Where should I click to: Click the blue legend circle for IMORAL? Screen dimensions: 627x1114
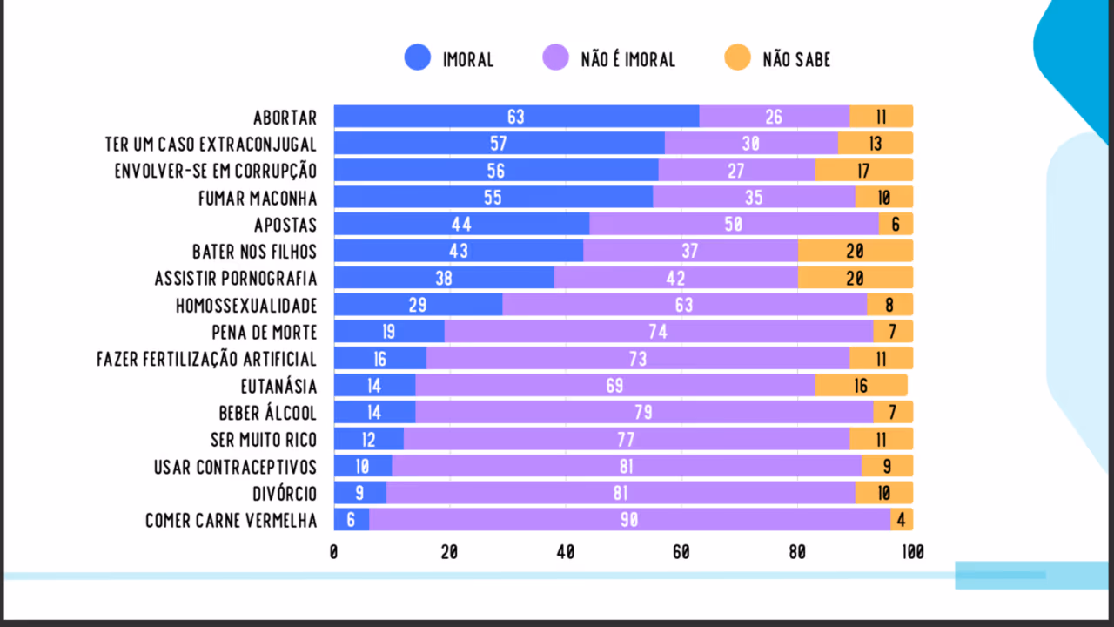[x=418, y=58]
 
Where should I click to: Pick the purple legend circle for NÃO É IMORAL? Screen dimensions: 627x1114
[x=555, y=58]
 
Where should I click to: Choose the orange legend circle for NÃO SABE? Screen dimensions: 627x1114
[x=737, y=58]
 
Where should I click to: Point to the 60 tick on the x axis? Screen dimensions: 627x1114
[x=681, y=552]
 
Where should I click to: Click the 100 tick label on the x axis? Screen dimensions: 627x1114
[x=912, y=552]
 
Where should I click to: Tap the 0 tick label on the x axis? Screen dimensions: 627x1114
[x=334, y=552]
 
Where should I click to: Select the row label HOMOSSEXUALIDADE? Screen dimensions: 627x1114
[x=246, y=306]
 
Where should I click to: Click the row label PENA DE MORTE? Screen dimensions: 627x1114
[x=265, y=333]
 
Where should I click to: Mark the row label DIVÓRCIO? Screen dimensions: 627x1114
[x=285, y=494]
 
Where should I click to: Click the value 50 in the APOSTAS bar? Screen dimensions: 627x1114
[x=733, y=225]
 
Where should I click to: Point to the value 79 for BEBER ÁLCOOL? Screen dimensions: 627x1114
[x=643, y=413]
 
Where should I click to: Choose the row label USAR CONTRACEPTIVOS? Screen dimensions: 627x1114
[x=235, y=467]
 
